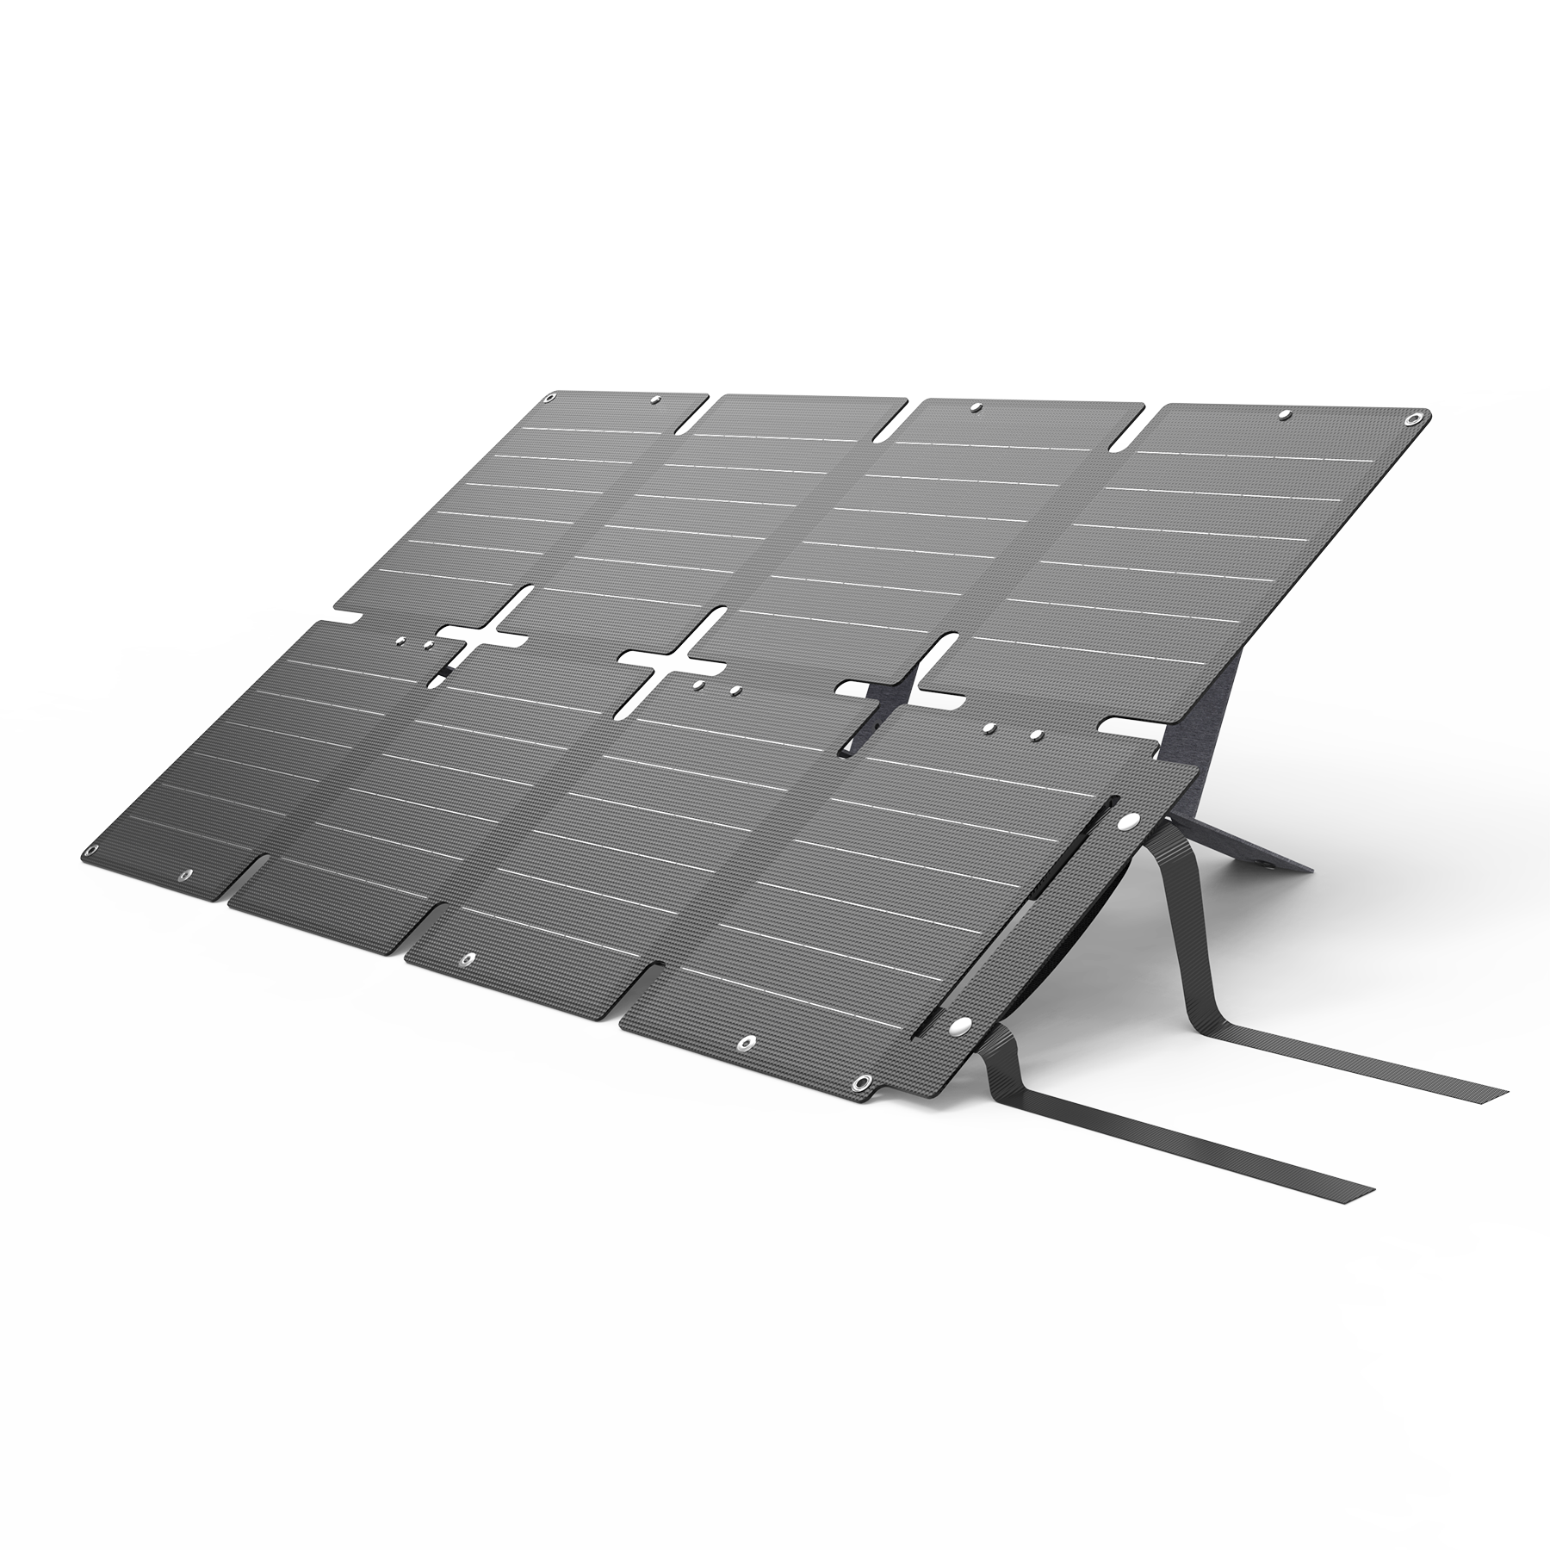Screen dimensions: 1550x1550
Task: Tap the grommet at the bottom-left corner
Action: pyautogui.click(x=183, y=876)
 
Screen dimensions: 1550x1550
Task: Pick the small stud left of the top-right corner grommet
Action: pyautogui.click(x=1286, y=415)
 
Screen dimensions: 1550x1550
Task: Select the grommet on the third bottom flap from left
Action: pyautogui.click(x=468, y=958)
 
